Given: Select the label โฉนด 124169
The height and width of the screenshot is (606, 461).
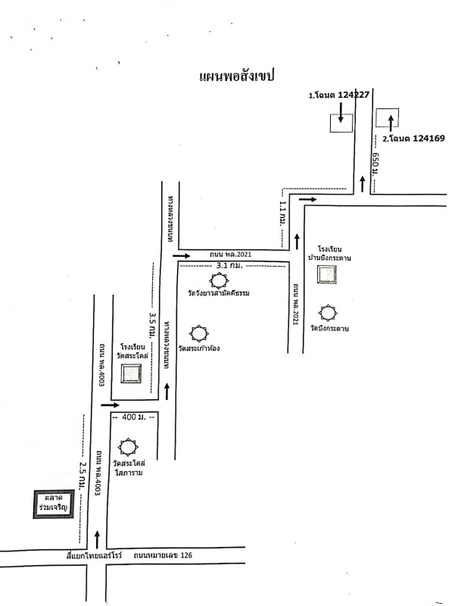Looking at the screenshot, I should tap(413, 139).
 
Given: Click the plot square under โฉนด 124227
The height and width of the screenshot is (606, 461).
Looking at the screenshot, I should tap(340, 123).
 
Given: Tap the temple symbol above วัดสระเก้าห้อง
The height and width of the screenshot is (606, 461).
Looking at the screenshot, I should tap(199, 333).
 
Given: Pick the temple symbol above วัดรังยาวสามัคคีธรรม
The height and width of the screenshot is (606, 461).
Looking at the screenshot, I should tap(219, 280).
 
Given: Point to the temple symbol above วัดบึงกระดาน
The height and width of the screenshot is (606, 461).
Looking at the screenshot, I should tap(328, 312).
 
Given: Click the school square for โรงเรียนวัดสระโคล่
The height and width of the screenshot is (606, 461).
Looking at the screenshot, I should tap(131, 373).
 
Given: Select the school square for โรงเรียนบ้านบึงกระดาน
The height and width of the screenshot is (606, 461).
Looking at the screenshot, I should tap(328, 275).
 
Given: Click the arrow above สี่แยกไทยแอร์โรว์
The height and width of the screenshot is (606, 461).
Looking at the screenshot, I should tap(97, 539).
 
